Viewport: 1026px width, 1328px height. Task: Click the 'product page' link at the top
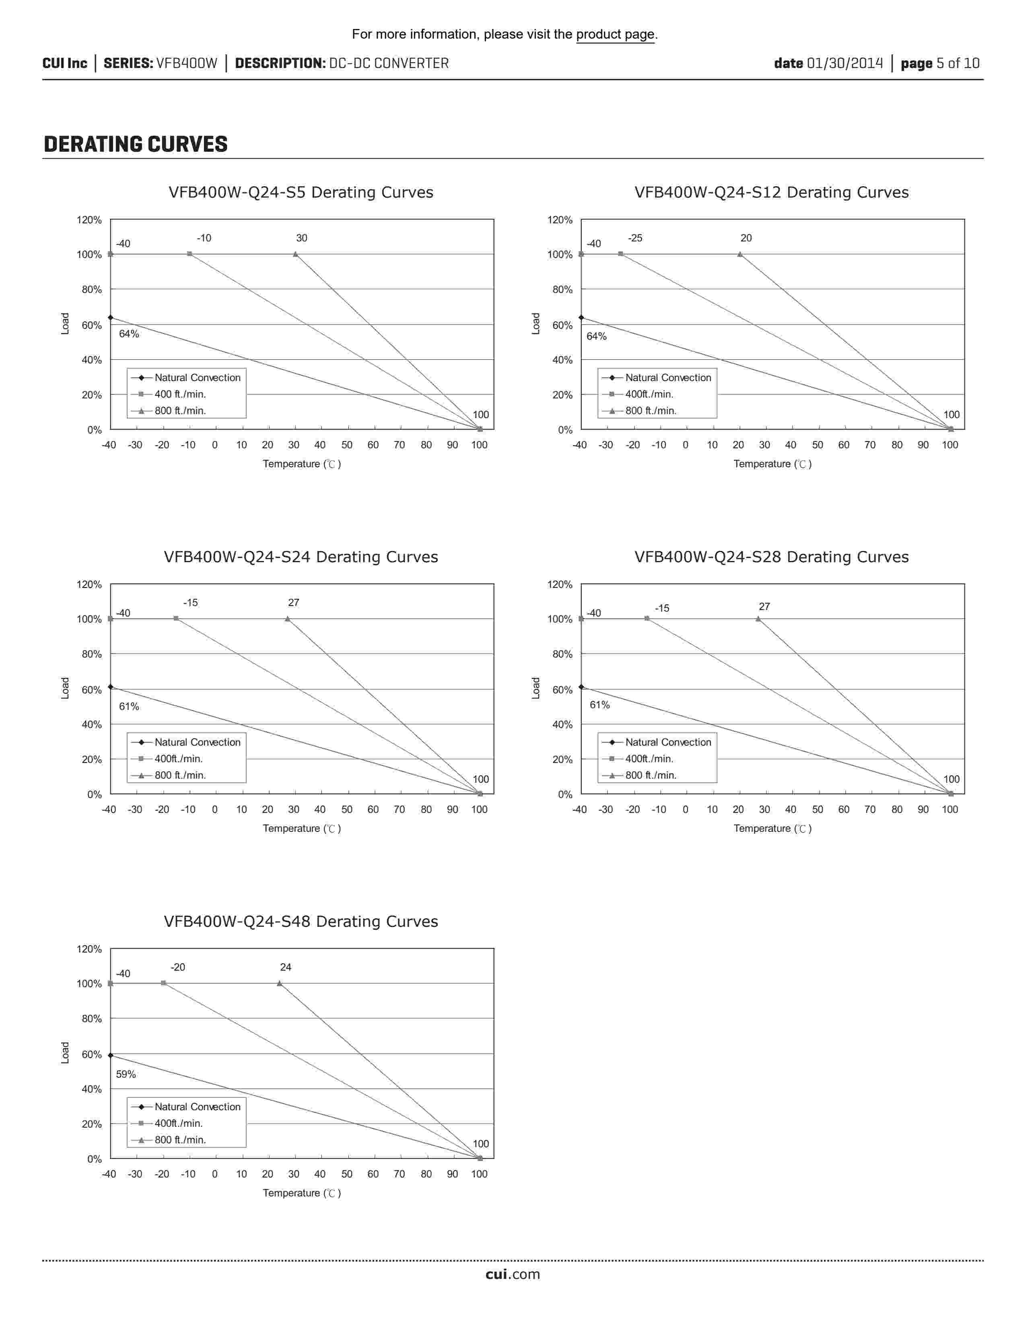coord(615,34)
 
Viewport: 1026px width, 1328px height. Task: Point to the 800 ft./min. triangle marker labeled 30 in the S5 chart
coord(295,254)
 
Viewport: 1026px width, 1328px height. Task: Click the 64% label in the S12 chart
coord(596,336)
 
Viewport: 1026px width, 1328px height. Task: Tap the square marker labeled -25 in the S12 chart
coord(620,254)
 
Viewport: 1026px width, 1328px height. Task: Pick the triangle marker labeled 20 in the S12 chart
coord(740,254)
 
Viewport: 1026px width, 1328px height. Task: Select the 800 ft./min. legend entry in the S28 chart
coord(650,775)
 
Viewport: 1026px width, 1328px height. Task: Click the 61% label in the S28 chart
coord(600,705)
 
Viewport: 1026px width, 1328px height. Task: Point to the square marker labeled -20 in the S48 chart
coord(163,983)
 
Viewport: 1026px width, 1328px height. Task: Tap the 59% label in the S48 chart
coord(126,1074)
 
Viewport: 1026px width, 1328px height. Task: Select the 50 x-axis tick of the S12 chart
coord(818,445)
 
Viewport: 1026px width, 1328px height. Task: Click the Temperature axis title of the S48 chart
coord(301,1193)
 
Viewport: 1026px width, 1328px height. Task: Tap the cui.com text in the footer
coord(512,1274)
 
